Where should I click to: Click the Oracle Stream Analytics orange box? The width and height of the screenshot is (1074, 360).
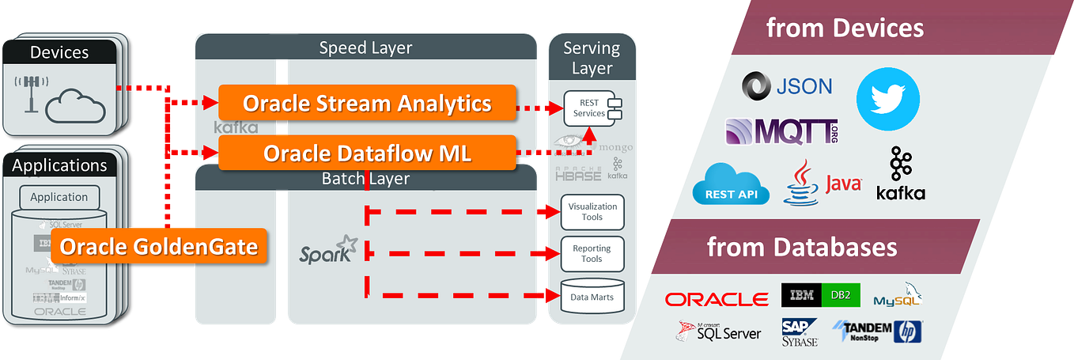point(367,104)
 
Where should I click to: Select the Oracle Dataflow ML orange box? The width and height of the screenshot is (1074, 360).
point(367,153)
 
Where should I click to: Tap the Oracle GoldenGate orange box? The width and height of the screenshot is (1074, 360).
point(159,247)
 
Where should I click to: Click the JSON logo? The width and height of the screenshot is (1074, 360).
point(787,85)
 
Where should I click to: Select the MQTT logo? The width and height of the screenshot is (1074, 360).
point(781,131)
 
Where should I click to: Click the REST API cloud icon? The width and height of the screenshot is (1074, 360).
point(731,184)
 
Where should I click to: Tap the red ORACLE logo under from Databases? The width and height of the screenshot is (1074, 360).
point(717,299)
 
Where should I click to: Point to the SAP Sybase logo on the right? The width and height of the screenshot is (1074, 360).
point(800,332)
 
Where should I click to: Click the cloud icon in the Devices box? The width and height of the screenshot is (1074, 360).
point(76,106)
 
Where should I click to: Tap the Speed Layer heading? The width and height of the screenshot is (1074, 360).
point(365,48)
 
